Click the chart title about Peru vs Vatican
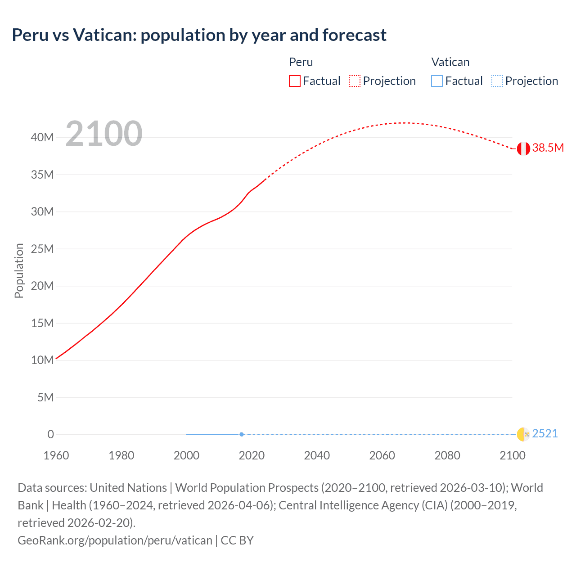point(199,35)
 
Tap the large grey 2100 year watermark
point(104,134)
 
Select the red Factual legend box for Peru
point(295,81)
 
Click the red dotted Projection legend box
point(355,81)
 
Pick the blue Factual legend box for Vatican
point(437,81)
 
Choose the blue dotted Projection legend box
point(497,81)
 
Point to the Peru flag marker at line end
point(523,148)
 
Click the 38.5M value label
point(548,148)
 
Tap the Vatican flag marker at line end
point(523,434)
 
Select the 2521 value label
point(544,433)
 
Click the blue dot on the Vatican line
point(242,434)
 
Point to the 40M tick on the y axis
point(42,137)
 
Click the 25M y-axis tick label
point(42,249)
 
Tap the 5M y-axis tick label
point(45,397)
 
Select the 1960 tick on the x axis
point(56,455)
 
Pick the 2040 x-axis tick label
point(317,455)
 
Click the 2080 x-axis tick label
point(447,455)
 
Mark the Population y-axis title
point(19,270)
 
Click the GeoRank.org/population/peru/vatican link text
point(115,540)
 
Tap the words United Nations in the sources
point(128,488)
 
